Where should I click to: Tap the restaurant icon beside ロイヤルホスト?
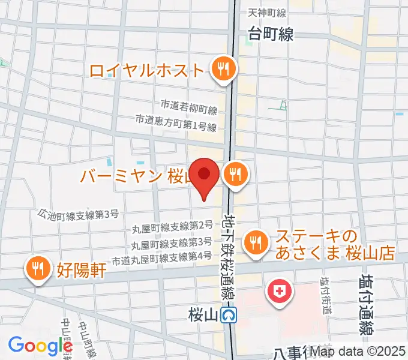pos(223,70)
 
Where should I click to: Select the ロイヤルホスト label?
pos(147,70)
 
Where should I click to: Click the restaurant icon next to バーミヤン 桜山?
pos(233,175)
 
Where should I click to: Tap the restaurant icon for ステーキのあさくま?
pos(257,242)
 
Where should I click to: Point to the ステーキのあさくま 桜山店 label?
pos(335,245)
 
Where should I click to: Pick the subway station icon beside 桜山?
pos(228,314)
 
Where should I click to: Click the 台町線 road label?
pos(271,34)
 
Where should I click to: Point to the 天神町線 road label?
pos(267,13)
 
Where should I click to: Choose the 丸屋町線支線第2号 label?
pos(172,226)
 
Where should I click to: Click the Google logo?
pos(40,346)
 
